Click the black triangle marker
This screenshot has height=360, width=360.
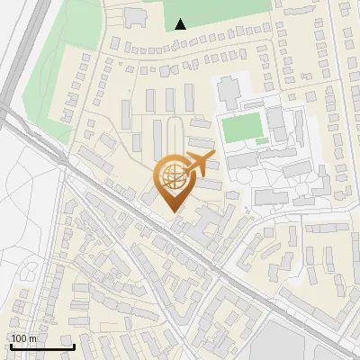[x=182, y=24]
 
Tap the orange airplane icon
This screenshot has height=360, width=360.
[x=199, y=164]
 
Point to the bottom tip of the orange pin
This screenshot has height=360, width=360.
[x=171, y=211]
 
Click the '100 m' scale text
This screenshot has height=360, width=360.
[x=23, y=338]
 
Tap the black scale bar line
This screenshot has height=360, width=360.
[x=41, y=346]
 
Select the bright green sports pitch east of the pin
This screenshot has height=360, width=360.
[x=240, y=128]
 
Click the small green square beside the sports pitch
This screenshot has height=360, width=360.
[x=262, y=140]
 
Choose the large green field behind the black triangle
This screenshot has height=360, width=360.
[x=216, y=11]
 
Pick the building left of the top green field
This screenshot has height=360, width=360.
[x=136, y=17]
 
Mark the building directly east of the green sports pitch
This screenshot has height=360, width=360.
[x=277, y=126]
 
